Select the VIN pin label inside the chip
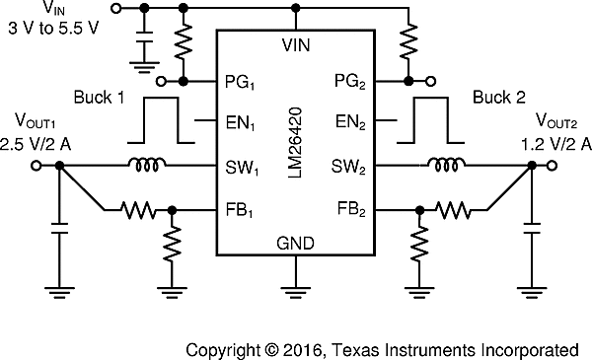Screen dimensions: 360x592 pyautogui.click(x=296, y=45)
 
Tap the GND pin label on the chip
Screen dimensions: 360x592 pyautogui.click(x=296, y=243)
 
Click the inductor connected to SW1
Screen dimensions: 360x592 pyautogui.click(x=147, y=165)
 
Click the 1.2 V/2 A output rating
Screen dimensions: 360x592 pyautogui.click(x=555, y=143)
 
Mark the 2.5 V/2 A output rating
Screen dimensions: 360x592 pyautogui.click(x=37, y=144)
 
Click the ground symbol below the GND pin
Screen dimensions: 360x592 pyautogui.click(x=296, y=290)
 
